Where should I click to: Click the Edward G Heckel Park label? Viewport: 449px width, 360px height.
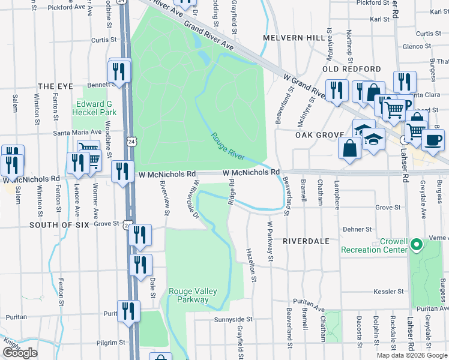pyautogui.click(x=94, y=108)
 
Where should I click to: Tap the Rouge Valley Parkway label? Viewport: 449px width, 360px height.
pyautogui.click(x=188, y=296)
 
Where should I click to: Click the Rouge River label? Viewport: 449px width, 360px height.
pyautogui.click(x=228, y=146)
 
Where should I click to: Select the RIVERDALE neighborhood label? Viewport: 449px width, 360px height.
pyautogui.click(x=306, y=241)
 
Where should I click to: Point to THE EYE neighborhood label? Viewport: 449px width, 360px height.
pyautogui.click(x=54, y=86)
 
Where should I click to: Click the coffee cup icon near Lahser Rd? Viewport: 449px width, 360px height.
pyautogui.click(x=432, y=140)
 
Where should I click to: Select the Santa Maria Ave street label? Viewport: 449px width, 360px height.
pyautogui.click(x=77, y=132)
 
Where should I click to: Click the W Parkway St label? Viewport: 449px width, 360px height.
pyautogui.click(x=270, y=241)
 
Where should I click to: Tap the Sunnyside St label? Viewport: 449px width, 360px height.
pyautogui.click(x=234, y=320)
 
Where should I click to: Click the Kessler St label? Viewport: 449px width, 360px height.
pyautogui.click(x=387, y=291)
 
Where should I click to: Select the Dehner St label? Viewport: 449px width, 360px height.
pyautogui.click(x=354, y=229)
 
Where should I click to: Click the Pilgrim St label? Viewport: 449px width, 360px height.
pyautogui.click(x=111, y=343)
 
